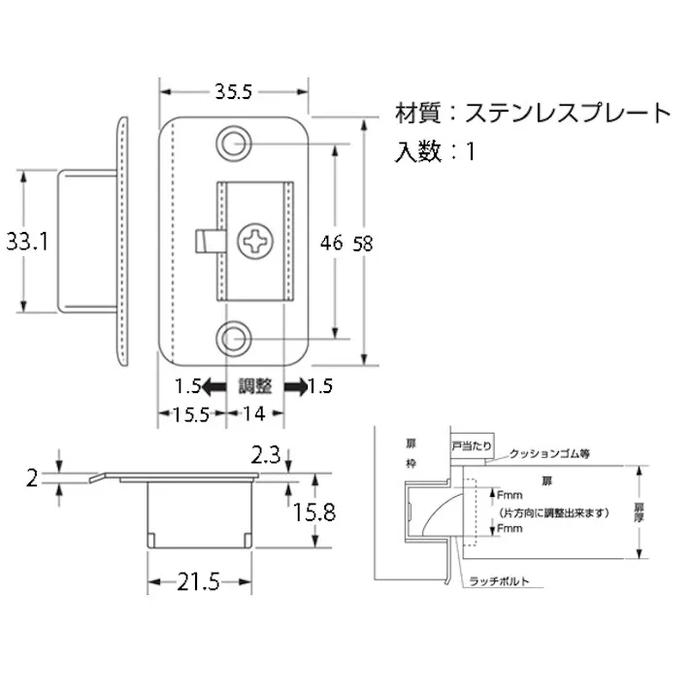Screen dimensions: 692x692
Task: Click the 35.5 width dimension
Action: point(233,93)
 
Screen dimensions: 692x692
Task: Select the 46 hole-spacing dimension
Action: point(332,243)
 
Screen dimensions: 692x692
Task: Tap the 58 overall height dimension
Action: point(363,244)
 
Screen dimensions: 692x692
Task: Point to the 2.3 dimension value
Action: point(268,453)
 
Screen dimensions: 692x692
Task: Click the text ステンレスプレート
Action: point(567,114)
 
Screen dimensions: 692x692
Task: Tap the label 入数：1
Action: point(436,151)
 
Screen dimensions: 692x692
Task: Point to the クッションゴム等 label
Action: point(549,453)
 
